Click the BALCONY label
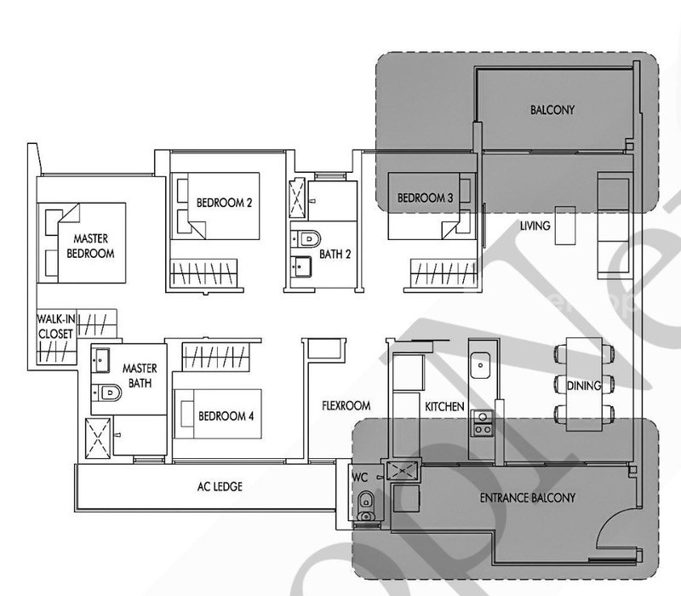(552, 110)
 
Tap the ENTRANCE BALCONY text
(527, 498)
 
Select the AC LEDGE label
(220, 486)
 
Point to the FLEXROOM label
(346, 406)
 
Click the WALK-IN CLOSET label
(55, 327)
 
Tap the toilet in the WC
(367, 506)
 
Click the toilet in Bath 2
(306, 239)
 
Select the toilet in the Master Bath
(107, 393)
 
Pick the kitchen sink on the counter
(480, 365)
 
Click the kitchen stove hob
(483, 423)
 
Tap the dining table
(584, 385)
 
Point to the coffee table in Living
(565, 226)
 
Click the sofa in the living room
(614, 225)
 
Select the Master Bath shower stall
(98, 438)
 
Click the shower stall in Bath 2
(297, 198)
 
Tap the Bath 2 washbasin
(301, 266)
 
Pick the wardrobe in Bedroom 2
(203, 272)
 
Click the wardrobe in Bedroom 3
(444, 272)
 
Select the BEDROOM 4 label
(226, 416)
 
